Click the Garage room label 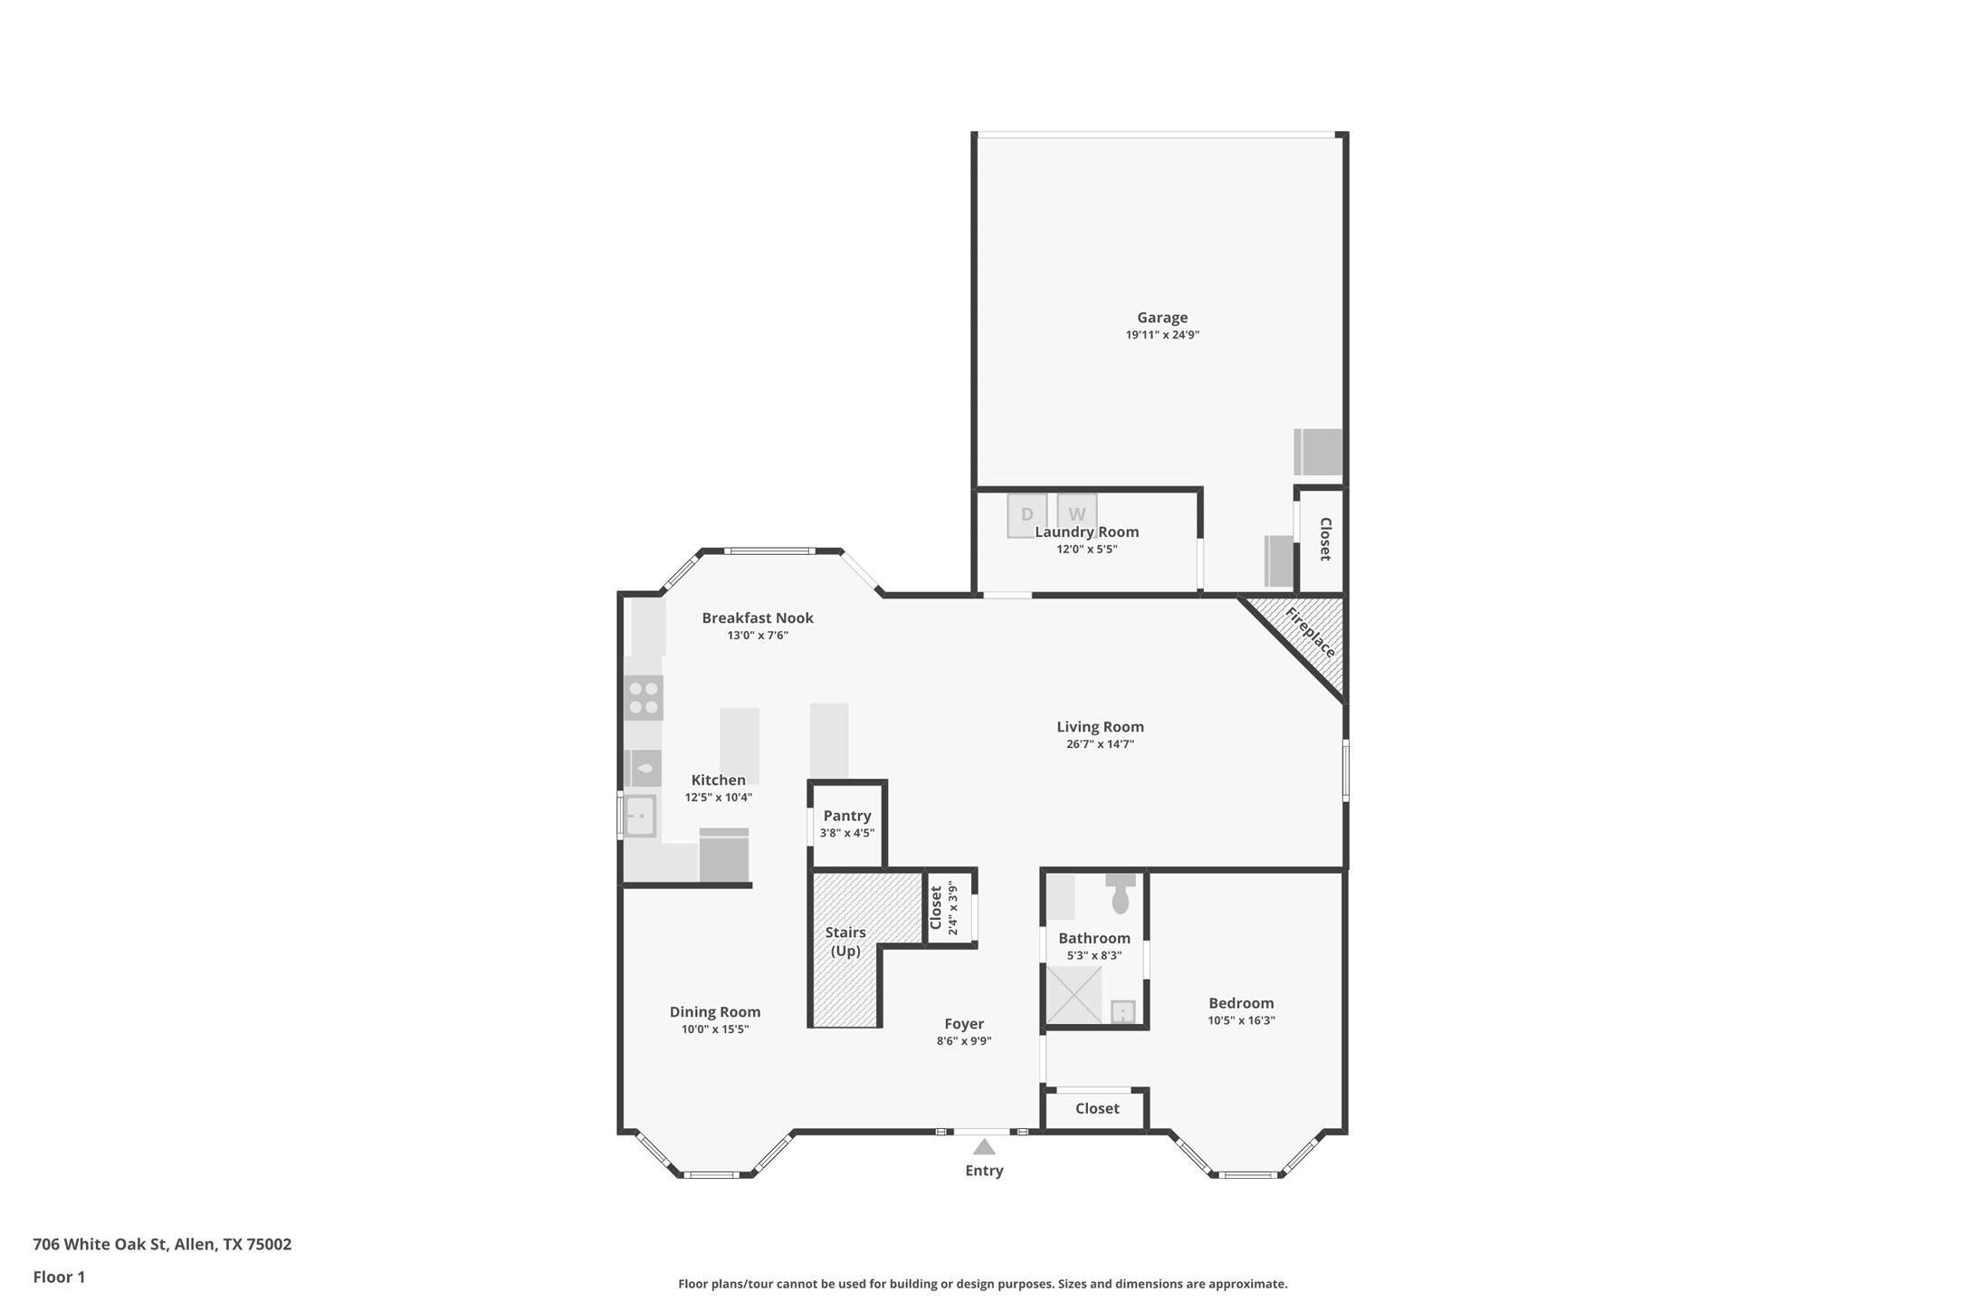1162,318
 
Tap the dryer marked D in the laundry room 1026,515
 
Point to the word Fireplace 1310,632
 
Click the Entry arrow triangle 984,1147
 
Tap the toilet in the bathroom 1121,894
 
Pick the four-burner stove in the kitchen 644,698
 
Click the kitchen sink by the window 640,816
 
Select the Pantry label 847,816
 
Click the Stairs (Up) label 845,942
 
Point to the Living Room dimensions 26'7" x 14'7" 1100,744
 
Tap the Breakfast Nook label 758,618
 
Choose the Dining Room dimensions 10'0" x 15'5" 715,1029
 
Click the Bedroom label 1241,1003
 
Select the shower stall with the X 1074,995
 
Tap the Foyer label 964,1024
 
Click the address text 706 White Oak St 100,1244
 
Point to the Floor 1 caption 59,1278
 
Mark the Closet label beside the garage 1325,540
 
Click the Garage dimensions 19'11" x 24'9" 1162,335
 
